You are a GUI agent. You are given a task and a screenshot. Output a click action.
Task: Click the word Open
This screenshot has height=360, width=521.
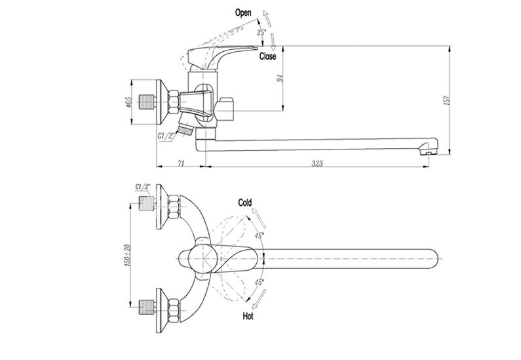coord(243,13)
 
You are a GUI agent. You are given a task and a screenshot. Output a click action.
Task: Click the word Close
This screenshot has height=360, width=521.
coord(268,56)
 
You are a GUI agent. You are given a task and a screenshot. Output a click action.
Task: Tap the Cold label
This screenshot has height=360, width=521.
coord(245,203)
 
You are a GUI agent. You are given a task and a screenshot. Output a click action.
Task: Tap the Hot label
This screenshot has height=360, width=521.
coord(248,316)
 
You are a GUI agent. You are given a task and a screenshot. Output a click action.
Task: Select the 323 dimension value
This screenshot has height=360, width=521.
coord(317,163)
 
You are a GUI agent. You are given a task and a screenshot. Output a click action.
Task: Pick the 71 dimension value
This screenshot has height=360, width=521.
coord(181,163)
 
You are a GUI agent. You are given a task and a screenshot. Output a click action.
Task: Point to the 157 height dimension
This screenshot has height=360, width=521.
coord(447,100)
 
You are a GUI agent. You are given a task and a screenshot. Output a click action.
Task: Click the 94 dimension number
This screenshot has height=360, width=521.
coord(280,79)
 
